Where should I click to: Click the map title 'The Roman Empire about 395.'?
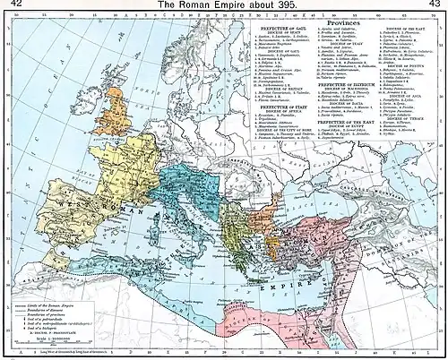point(223,5)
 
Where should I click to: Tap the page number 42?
point(13,5)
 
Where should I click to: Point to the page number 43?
point(435,5)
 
